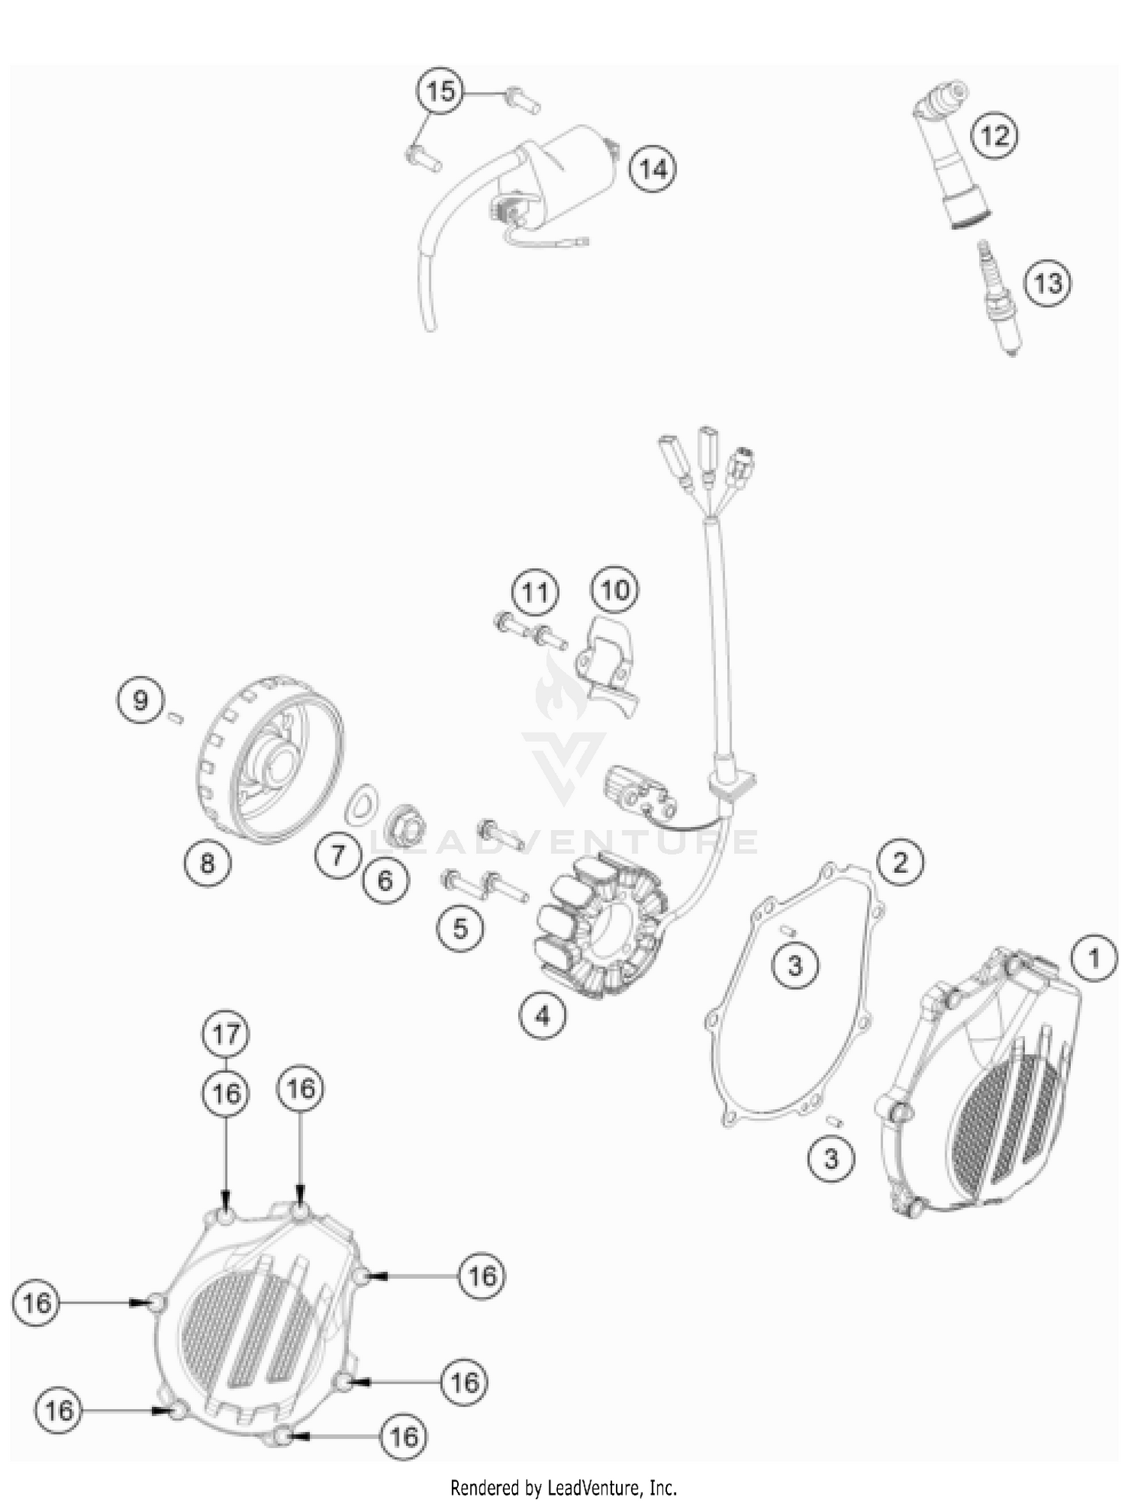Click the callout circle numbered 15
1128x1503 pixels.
coord(441,92)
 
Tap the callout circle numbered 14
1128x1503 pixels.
coord(653,169)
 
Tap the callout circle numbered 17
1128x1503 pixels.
coord(226,1035)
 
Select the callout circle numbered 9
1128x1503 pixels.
coord(140,701)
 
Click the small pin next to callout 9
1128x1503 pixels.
coord(177,717)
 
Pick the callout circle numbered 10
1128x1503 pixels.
coord(615,589)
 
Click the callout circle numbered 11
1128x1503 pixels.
coord(535,592)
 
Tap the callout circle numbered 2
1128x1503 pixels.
coord(900,862)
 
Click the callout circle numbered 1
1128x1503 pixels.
coord(1094,958)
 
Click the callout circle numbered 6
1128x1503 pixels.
coord(385,880)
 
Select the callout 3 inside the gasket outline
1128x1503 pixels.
coord(796,965)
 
